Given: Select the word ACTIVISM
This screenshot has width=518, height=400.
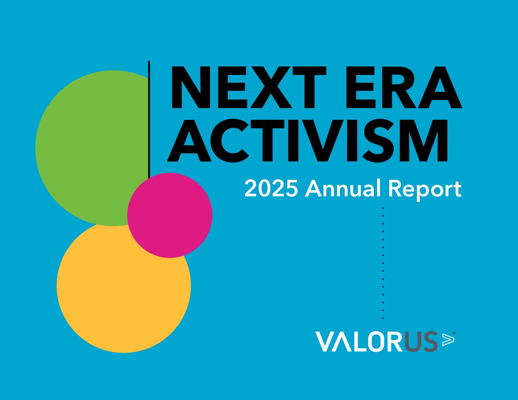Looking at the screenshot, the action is point(308,140).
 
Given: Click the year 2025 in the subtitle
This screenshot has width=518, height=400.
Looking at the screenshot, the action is point(271,189).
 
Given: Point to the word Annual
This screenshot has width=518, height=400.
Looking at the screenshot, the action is point(343,189).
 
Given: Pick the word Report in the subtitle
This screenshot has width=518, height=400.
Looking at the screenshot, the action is point(425,190).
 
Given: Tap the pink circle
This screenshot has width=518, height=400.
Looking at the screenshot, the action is point(170,215).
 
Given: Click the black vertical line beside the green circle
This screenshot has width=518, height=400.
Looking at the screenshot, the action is point(149,119).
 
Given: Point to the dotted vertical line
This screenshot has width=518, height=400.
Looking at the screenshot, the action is point(383,263).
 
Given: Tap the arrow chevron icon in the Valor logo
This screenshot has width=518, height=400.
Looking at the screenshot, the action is point(448,339).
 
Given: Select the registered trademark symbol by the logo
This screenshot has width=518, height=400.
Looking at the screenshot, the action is point(454,333).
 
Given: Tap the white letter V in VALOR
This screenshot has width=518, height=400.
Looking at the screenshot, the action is point(326,342).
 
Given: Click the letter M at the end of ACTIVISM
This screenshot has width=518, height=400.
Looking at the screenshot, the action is point(425,140).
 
